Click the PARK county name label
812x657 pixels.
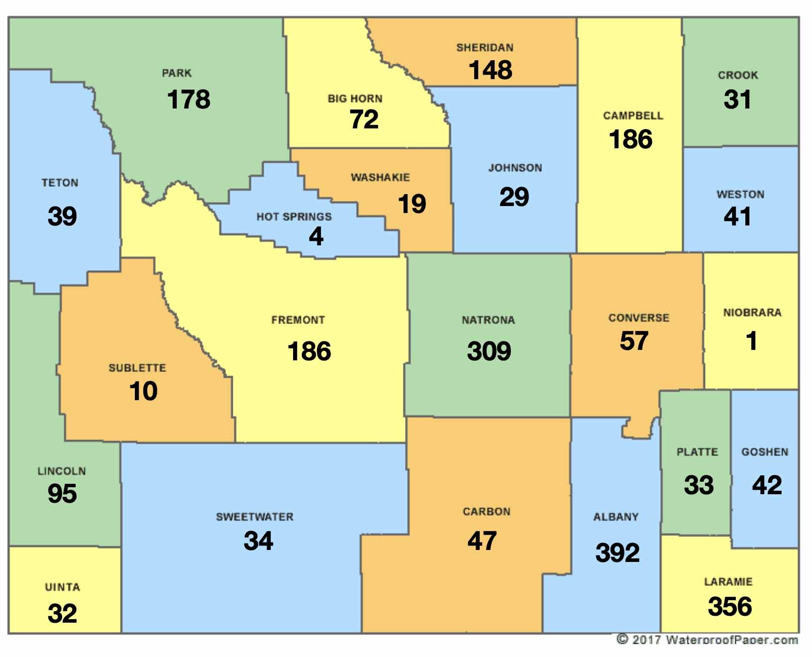click(177, 73)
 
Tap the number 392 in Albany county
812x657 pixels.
click(617, 553)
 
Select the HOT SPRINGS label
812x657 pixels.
click(294, 217)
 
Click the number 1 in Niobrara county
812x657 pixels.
click(751, 341)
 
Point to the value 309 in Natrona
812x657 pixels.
click(489, 351)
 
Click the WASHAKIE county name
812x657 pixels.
click(380, 177)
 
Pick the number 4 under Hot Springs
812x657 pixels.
click(316, 236)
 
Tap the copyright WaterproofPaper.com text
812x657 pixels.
click(707, 640)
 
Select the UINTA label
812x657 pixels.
click(62, 587)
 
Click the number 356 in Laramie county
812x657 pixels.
click(729, 607)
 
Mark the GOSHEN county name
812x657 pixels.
click(765, 452)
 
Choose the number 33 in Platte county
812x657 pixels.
click(699, 485)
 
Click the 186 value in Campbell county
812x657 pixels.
click(630, 139)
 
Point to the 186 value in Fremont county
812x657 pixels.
click(309, 351)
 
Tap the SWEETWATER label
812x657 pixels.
click(254, 517)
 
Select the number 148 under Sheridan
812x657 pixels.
click(490, 70)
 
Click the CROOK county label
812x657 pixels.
click(738, 75)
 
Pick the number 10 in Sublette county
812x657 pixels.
click(143, 391)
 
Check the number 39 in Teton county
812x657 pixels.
click(62, 217)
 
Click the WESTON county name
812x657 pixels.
click(740, 194)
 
